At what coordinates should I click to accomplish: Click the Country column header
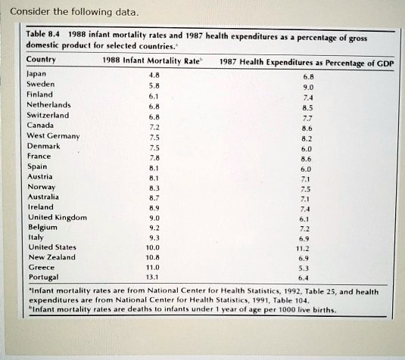(41, 59)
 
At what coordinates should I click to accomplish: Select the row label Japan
(36, 74)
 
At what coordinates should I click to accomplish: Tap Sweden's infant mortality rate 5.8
(154, 85)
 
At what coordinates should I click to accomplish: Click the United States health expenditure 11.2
(303, 249)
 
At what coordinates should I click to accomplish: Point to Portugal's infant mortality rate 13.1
(152, 277)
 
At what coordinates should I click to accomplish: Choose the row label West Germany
(53, 135)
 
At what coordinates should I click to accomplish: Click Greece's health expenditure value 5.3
(304, 268)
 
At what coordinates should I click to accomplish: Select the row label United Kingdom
(58, 218)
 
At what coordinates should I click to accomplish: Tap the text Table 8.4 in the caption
(43, 34)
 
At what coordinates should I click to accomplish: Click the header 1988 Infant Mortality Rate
(151, 61)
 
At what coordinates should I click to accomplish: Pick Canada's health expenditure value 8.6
(307, 129)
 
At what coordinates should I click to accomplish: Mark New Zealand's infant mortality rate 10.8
(153, 257)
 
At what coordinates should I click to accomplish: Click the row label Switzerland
(48, 115)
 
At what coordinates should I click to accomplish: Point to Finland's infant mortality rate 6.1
(154, 96)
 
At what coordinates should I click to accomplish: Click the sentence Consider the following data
(74, 12)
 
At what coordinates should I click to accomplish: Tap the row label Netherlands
(48, 105)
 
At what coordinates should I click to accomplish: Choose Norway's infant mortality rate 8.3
(154, 188)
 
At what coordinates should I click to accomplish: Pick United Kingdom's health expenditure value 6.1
(304, 219)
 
